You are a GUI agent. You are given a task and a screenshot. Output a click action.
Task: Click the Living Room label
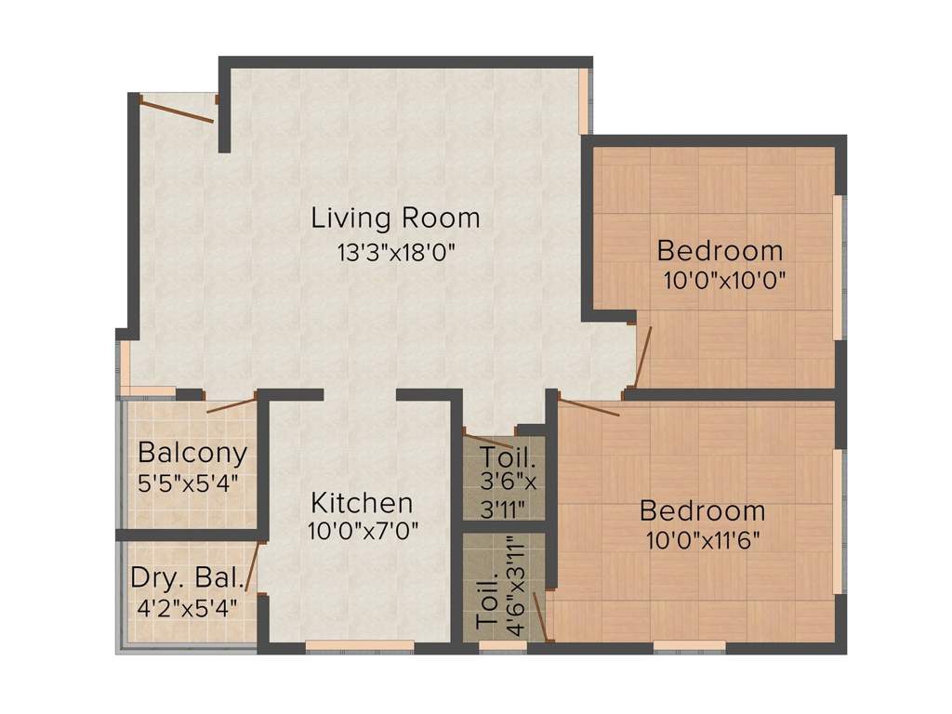click(395, 219)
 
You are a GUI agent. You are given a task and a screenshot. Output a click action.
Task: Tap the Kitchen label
click(361, 504)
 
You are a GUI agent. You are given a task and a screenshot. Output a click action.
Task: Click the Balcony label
click(192, 454)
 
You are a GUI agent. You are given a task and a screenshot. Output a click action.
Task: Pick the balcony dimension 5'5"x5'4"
click(190, 483)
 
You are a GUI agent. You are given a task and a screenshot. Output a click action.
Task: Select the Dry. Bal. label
click(187, 578)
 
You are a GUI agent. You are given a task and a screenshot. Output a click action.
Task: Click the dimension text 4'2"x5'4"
click(187, 607)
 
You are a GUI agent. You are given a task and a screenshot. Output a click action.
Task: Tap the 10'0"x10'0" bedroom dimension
click(725, 280)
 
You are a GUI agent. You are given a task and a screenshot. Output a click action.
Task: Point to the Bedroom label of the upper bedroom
click(720, 251)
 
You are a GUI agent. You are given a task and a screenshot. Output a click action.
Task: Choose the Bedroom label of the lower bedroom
click(702, 511)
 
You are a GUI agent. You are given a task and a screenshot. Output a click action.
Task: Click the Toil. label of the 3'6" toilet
click(508, 457)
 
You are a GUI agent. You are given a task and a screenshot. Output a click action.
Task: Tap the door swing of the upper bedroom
click(642, 356)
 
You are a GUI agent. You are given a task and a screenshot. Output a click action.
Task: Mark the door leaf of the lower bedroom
click(588, 406)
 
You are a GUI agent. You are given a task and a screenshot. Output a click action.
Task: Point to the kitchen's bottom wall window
click(360, 645)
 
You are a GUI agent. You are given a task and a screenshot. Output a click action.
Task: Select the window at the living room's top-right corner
click(584, 101)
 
